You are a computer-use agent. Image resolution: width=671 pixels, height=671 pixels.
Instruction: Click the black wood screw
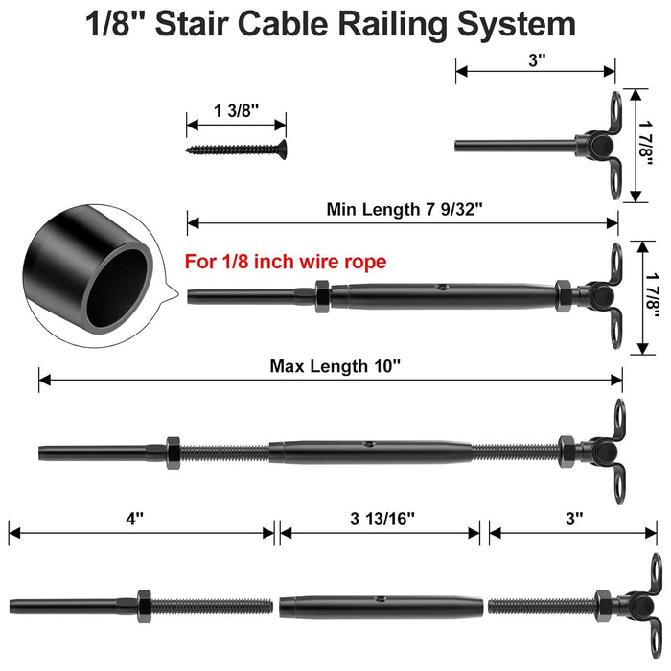236,149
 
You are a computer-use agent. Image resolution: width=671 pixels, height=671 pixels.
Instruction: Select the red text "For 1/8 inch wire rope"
285,261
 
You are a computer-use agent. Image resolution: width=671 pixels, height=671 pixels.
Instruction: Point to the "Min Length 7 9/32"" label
403,209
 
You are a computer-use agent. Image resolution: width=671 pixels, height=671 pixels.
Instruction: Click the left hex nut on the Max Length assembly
174,451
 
